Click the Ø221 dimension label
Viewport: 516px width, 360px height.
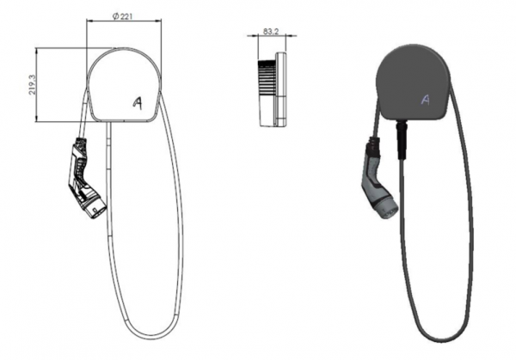coord(122,16)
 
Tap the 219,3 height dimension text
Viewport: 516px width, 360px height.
coord(32,84)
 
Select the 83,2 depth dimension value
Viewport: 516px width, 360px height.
coord(271,31)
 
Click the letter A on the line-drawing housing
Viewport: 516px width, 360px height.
coord(138,103)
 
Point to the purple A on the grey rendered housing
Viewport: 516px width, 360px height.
coord(426,100)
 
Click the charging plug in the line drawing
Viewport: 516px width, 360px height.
coord(86,180)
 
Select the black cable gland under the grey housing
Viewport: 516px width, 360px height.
coord(402,140)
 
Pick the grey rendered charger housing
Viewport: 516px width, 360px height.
coord(414,82)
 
